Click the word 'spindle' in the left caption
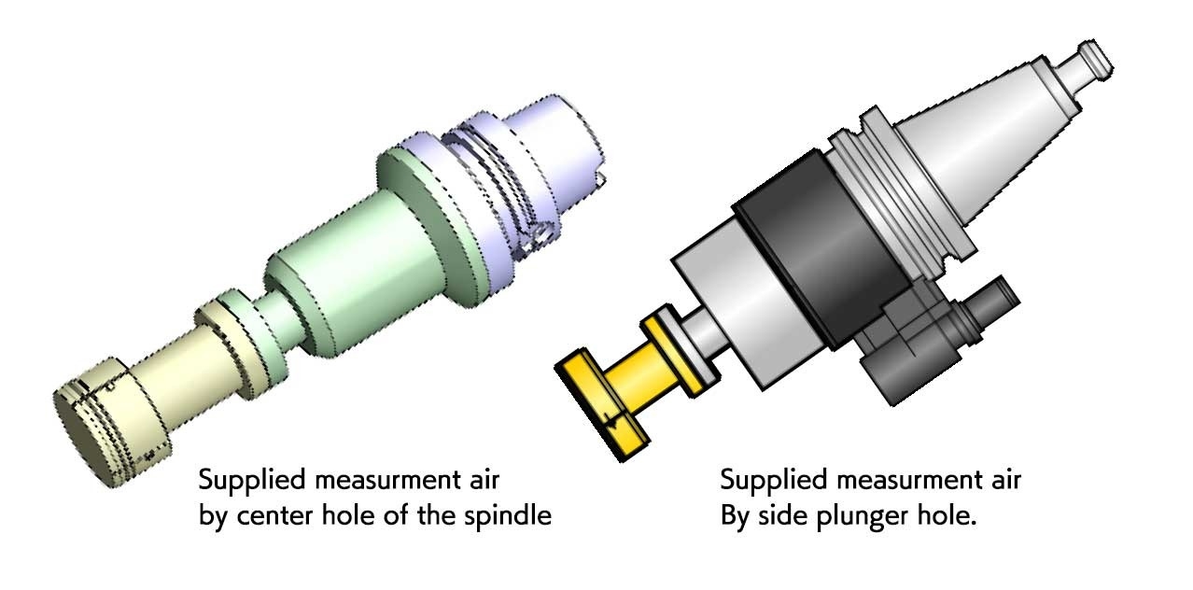tap(510, 516)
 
